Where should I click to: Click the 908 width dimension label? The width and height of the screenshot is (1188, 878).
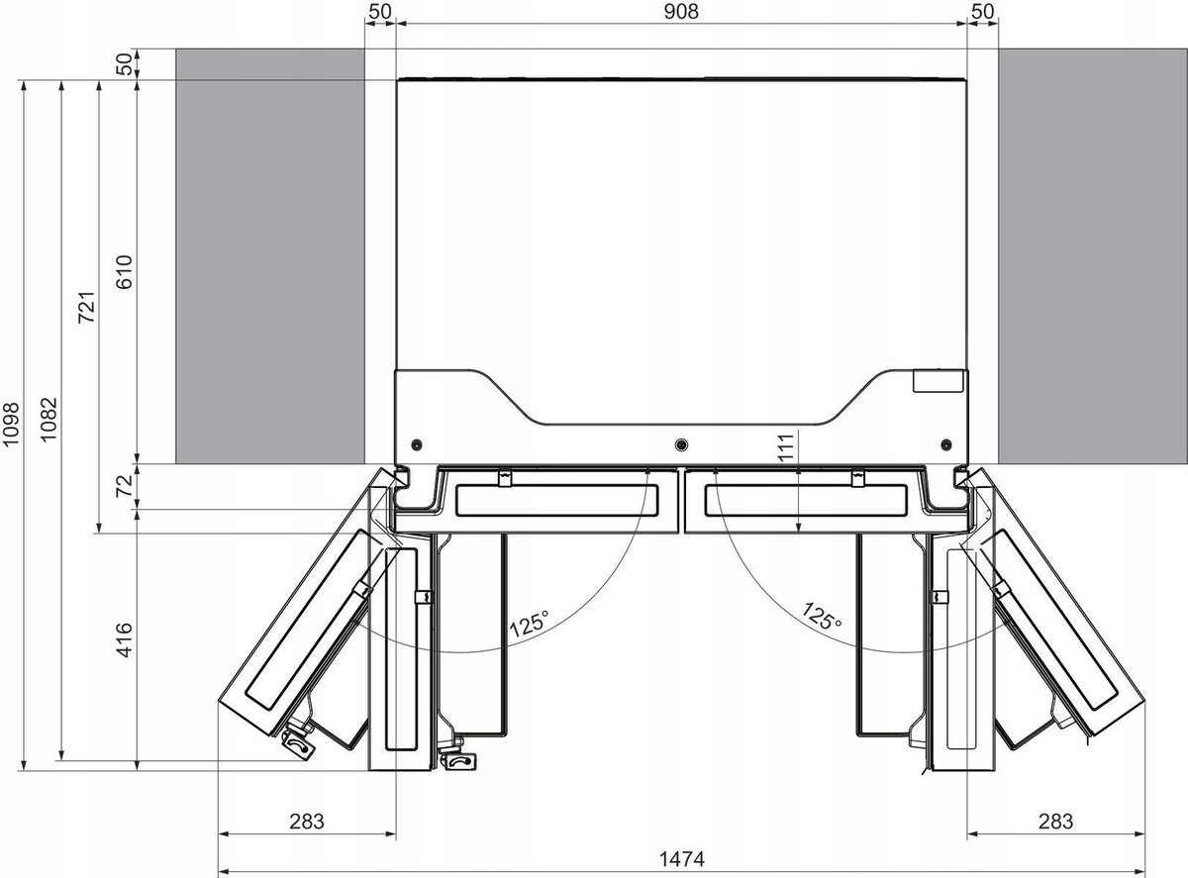(x=681, y=11)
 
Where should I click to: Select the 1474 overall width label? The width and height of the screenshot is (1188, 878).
(x=681, y=859)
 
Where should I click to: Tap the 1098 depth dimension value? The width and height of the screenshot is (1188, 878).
(x=11, y=424)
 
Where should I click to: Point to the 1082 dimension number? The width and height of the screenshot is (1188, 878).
(x=49, y=419)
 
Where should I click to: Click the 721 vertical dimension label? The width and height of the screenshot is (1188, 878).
(x=87, y=307)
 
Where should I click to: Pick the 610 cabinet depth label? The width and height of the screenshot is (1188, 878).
(x=125, y=272)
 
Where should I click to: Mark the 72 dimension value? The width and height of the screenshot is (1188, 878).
(x=125, y=486)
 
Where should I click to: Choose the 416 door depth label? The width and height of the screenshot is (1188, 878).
(x=125, y=639)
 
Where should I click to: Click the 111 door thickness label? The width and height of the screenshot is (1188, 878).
(x=785, y=446)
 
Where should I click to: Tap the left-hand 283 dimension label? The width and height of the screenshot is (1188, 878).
(x=307, y=822)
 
